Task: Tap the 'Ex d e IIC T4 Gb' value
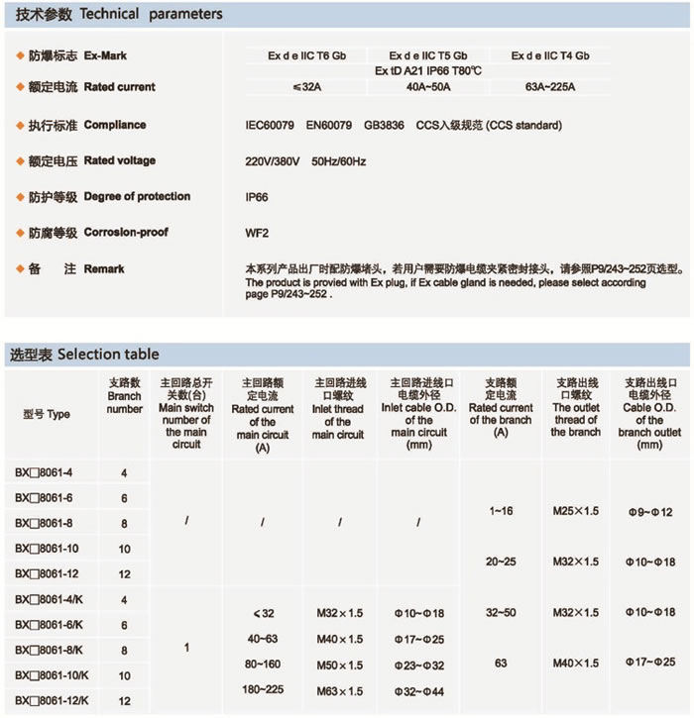click(550, 55)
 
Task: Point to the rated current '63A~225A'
click(550, 87)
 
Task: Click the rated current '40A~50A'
click(428, 87)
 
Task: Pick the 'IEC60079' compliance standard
click(271, 126)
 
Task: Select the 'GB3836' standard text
click(384, 126)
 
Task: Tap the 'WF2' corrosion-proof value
click(257, 233)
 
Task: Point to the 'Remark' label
click(104, 269)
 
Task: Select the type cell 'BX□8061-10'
click(48, 548)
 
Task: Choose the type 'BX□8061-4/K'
click(50, 599)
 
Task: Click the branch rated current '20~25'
click(502, 562)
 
